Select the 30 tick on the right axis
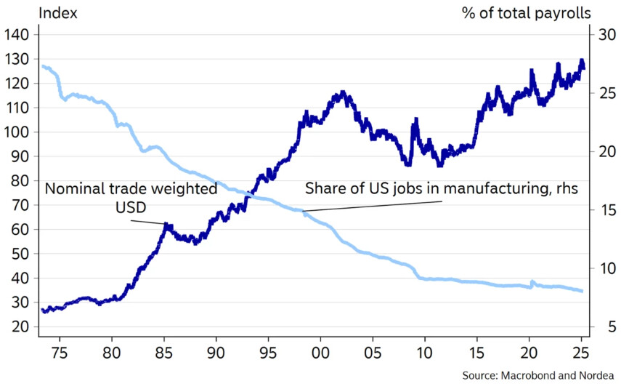tap(604, 34)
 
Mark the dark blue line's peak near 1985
tap(166, 226)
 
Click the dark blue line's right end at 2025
tap(583, 68)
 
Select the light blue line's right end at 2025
tap(583, 291)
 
